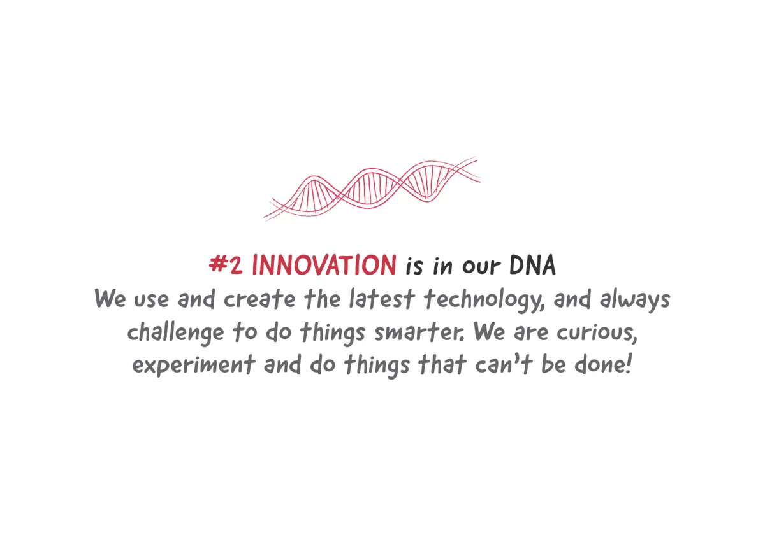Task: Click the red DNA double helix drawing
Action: (x=372, y=189)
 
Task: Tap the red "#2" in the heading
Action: (x=226, y=265)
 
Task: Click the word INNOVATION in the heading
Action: (x=324, y=265)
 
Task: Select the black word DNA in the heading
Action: (x=532, y=265)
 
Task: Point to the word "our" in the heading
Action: (x=481, y=266)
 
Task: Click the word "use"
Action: (x=151, y=300)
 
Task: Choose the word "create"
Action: (x=259, y=299)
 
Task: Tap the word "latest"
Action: (x=382, y=299)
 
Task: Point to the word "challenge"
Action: (x=175, y=333)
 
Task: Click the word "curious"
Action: (x=596, y=332)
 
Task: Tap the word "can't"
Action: (x=504, y=364)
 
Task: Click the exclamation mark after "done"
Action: (x=629, y=364)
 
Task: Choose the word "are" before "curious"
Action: (x=531, y=333)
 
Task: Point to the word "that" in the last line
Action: (x=442, y=364)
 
